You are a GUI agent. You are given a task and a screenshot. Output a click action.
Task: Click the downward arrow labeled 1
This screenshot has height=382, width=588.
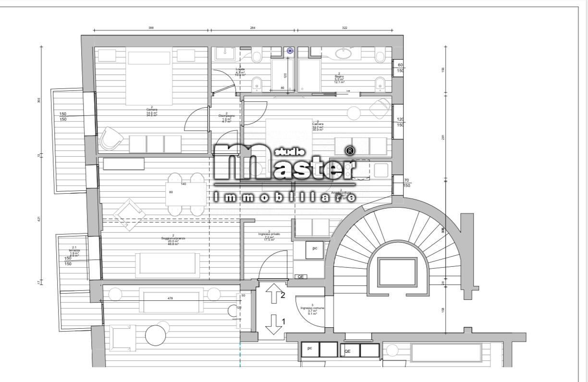click(273, 324)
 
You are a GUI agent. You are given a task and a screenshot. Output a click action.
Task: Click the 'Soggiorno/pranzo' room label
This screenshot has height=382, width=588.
click(173, 239)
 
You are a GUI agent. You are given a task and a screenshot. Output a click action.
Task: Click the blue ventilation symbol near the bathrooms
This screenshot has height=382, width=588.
click(290, 50)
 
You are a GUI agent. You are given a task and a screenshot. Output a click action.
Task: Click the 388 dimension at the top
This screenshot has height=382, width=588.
click(151, 28)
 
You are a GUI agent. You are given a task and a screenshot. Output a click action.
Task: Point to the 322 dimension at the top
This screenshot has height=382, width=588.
click(344, 28)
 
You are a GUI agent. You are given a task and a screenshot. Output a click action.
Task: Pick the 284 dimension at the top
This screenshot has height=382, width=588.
click(253, 28)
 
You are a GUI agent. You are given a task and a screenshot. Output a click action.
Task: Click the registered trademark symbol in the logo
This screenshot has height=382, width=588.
click(350, 151)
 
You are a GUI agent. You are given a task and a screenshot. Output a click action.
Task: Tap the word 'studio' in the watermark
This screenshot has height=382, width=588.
click(288, 152)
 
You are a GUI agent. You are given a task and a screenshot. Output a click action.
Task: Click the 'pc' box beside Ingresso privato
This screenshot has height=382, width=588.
click(315, 249)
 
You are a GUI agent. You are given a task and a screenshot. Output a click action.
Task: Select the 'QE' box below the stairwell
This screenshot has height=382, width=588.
click(347, 351)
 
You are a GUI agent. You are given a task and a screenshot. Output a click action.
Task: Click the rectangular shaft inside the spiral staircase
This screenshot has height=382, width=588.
click(397, 272)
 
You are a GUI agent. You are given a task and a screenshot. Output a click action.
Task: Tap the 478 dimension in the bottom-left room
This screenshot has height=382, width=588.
click(170, 298)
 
